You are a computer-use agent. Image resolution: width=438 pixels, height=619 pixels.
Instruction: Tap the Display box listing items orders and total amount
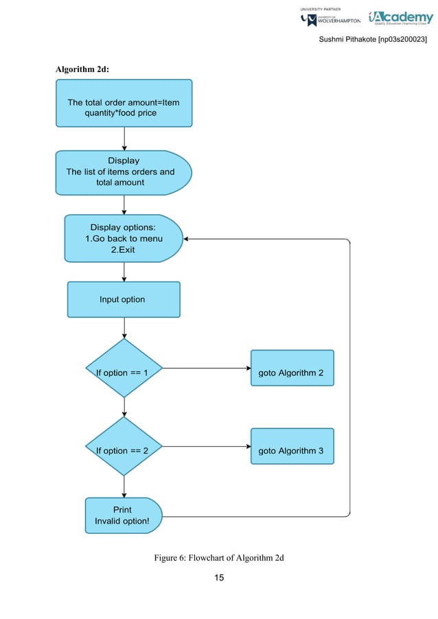tap(122, 172)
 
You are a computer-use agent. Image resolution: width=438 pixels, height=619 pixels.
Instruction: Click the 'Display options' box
tap(123, 238)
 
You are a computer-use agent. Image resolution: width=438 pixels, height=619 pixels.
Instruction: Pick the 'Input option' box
tap(124, 299)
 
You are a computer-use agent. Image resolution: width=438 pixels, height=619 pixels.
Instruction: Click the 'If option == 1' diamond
tap(124, 372)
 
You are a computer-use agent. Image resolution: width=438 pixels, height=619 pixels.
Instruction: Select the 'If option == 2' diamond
tap(124, 450)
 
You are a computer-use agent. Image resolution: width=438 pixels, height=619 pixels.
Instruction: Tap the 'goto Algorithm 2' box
tap(292, 372)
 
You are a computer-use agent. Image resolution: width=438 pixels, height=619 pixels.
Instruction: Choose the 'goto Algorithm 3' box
tap(292, 450)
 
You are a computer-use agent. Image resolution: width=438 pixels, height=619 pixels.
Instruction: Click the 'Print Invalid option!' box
tap(122, 515)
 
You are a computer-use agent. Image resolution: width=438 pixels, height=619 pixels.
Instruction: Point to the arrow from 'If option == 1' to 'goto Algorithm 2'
tap(206, 369)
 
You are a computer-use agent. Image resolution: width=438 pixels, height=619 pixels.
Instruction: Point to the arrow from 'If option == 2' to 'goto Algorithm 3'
tap(206, 447)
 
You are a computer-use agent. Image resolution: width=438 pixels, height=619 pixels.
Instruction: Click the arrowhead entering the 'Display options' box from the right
tap(187, 239)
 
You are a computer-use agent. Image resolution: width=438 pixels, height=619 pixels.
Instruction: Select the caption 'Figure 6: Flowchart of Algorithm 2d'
tap(219, 557)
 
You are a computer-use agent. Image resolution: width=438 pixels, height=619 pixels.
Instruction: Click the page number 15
tap(219, 578)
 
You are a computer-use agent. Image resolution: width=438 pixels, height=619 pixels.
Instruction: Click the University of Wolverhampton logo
tap(330, 18)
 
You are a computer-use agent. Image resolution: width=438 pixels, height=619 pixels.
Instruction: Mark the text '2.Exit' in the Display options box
tap(123, 250)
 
